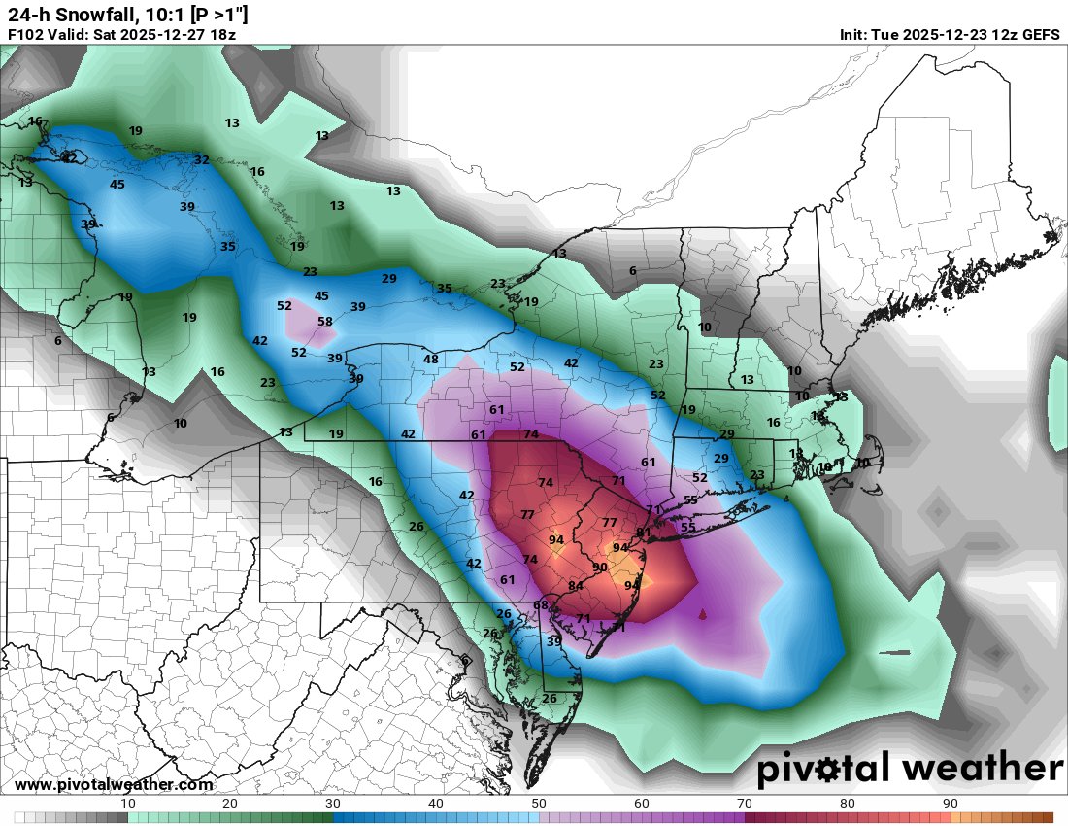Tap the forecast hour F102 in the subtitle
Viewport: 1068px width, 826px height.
[26, 35]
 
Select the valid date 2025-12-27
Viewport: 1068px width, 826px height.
[159, 35]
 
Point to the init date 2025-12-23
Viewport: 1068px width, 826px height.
[942, 35]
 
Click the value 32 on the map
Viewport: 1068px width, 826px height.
[201, 160]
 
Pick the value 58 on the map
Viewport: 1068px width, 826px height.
[325, 322]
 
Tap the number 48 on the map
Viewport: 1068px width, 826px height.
[431, 360]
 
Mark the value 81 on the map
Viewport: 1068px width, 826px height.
[643, 533]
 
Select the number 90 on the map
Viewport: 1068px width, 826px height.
[599, 568]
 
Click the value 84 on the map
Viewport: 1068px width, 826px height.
[576, 586]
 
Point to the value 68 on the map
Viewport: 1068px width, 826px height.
[541, 606]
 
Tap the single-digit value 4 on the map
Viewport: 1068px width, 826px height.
[785, 499]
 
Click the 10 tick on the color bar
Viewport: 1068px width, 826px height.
[127, 804]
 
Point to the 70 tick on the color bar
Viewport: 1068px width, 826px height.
[745, 804]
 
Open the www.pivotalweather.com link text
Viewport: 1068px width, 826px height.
[114, 785]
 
